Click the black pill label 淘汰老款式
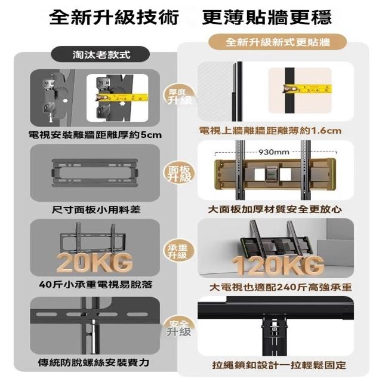click(x=100, y=54)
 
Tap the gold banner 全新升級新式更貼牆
click(x=278, y=42)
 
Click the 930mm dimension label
click(x=274, y=152)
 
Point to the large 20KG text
click(x=95, y=262)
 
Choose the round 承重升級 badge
click(x=179, y=251)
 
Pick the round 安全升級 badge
click(x=179, y=328)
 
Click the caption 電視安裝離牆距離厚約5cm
click(x=95, y=134)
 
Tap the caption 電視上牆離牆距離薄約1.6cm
click(x=270, y=131)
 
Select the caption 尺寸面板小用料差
click(x=96, y=210)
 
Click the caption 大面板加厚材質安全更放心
click(x=275, y=210)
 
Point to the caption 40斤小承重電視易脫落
click(x=95, y=284)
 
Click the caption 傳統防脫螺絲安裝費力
click(x=94, y=362)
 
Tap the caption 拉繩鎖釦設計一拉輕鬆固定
click(x=279, y=365)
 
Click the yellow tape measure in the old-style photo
click(x=122, y=97)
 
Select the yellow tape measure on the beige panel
click(x=307, y=89)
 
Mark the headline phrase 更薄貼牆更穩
click(x=267, y=17)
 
